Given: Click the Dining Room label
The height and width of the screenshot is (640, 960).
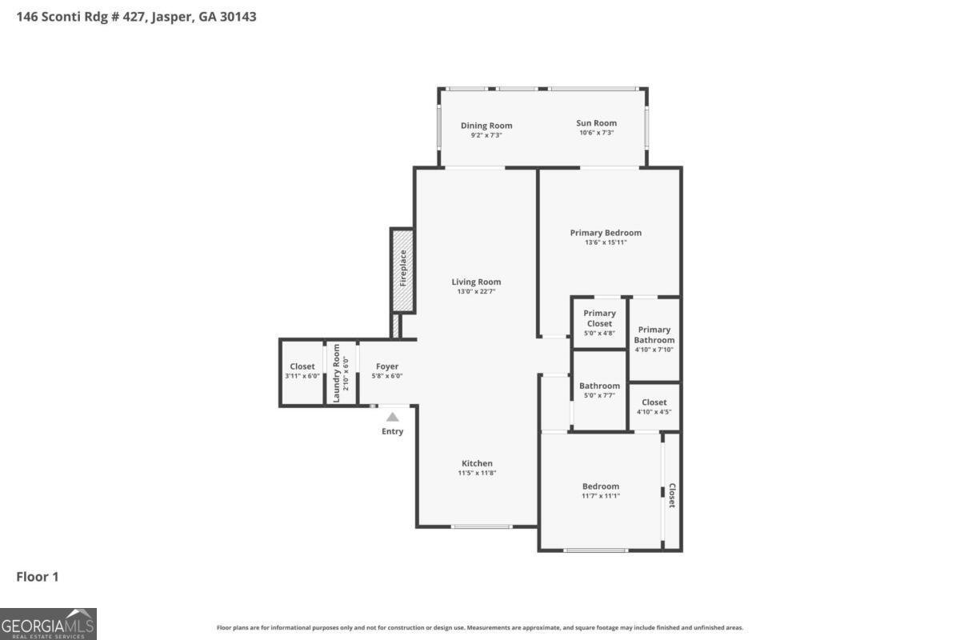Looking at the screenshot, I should [486, 126].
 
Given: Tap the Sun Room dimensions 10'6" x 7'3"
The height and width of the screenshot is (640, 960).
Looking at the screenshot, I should [596, 133].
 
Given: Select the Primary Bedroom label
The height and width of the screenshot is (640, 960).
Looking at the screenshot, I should [606, 233].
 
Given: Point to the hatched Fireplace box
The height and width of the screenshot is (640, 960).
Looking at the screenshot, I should [402, 270].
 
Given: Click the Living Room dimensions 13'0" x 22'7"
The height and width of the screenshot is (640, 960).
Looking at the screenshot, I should [476, 292].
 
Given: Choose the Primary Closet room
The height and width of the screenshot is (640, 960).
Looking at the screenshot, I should [599, 322].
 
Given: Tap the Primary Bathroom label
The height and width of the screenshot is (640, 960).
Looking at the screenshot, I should [654, 334].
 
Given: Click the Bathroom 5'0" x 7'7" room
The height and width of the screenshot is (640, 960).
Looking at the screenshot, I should [599, 390].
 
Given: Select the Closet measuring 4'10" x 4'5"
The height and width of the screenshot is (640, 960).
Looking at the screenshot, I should [654, 406].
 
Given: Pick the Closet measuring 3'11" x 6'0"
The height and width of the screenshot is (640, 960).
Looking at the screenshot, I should [302, 371].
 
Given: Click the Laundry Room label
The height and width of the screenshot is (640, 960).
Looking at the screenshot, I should [336, 373].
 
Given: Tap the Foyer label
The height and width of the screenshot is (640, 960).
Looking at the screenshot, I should [387, 366].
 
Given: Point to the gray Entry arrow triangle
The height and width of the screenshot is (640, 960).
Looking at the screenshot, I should [392, 417].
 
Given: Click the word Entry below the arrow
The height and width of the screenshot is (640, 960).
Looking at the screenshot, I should [392, 431].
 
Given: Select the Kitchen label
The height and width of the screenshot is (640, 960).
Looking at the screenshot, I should [477, 463].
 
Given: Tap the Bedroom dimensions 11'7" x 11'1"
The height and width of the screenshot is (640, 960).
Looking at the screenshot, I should [600, 496].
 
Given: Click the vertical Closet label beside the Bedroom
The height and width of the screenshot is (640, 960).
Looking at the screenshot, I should [672, 495].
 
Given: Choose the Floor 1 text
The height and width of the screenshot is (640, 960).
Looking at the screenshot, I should [38, 577].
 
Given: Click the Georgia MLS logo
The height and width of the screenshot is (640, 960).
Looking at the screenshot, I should [48, 624].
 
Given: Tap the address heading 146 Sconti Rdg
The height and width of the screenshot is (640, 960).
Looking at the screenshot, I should [136, 16].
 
